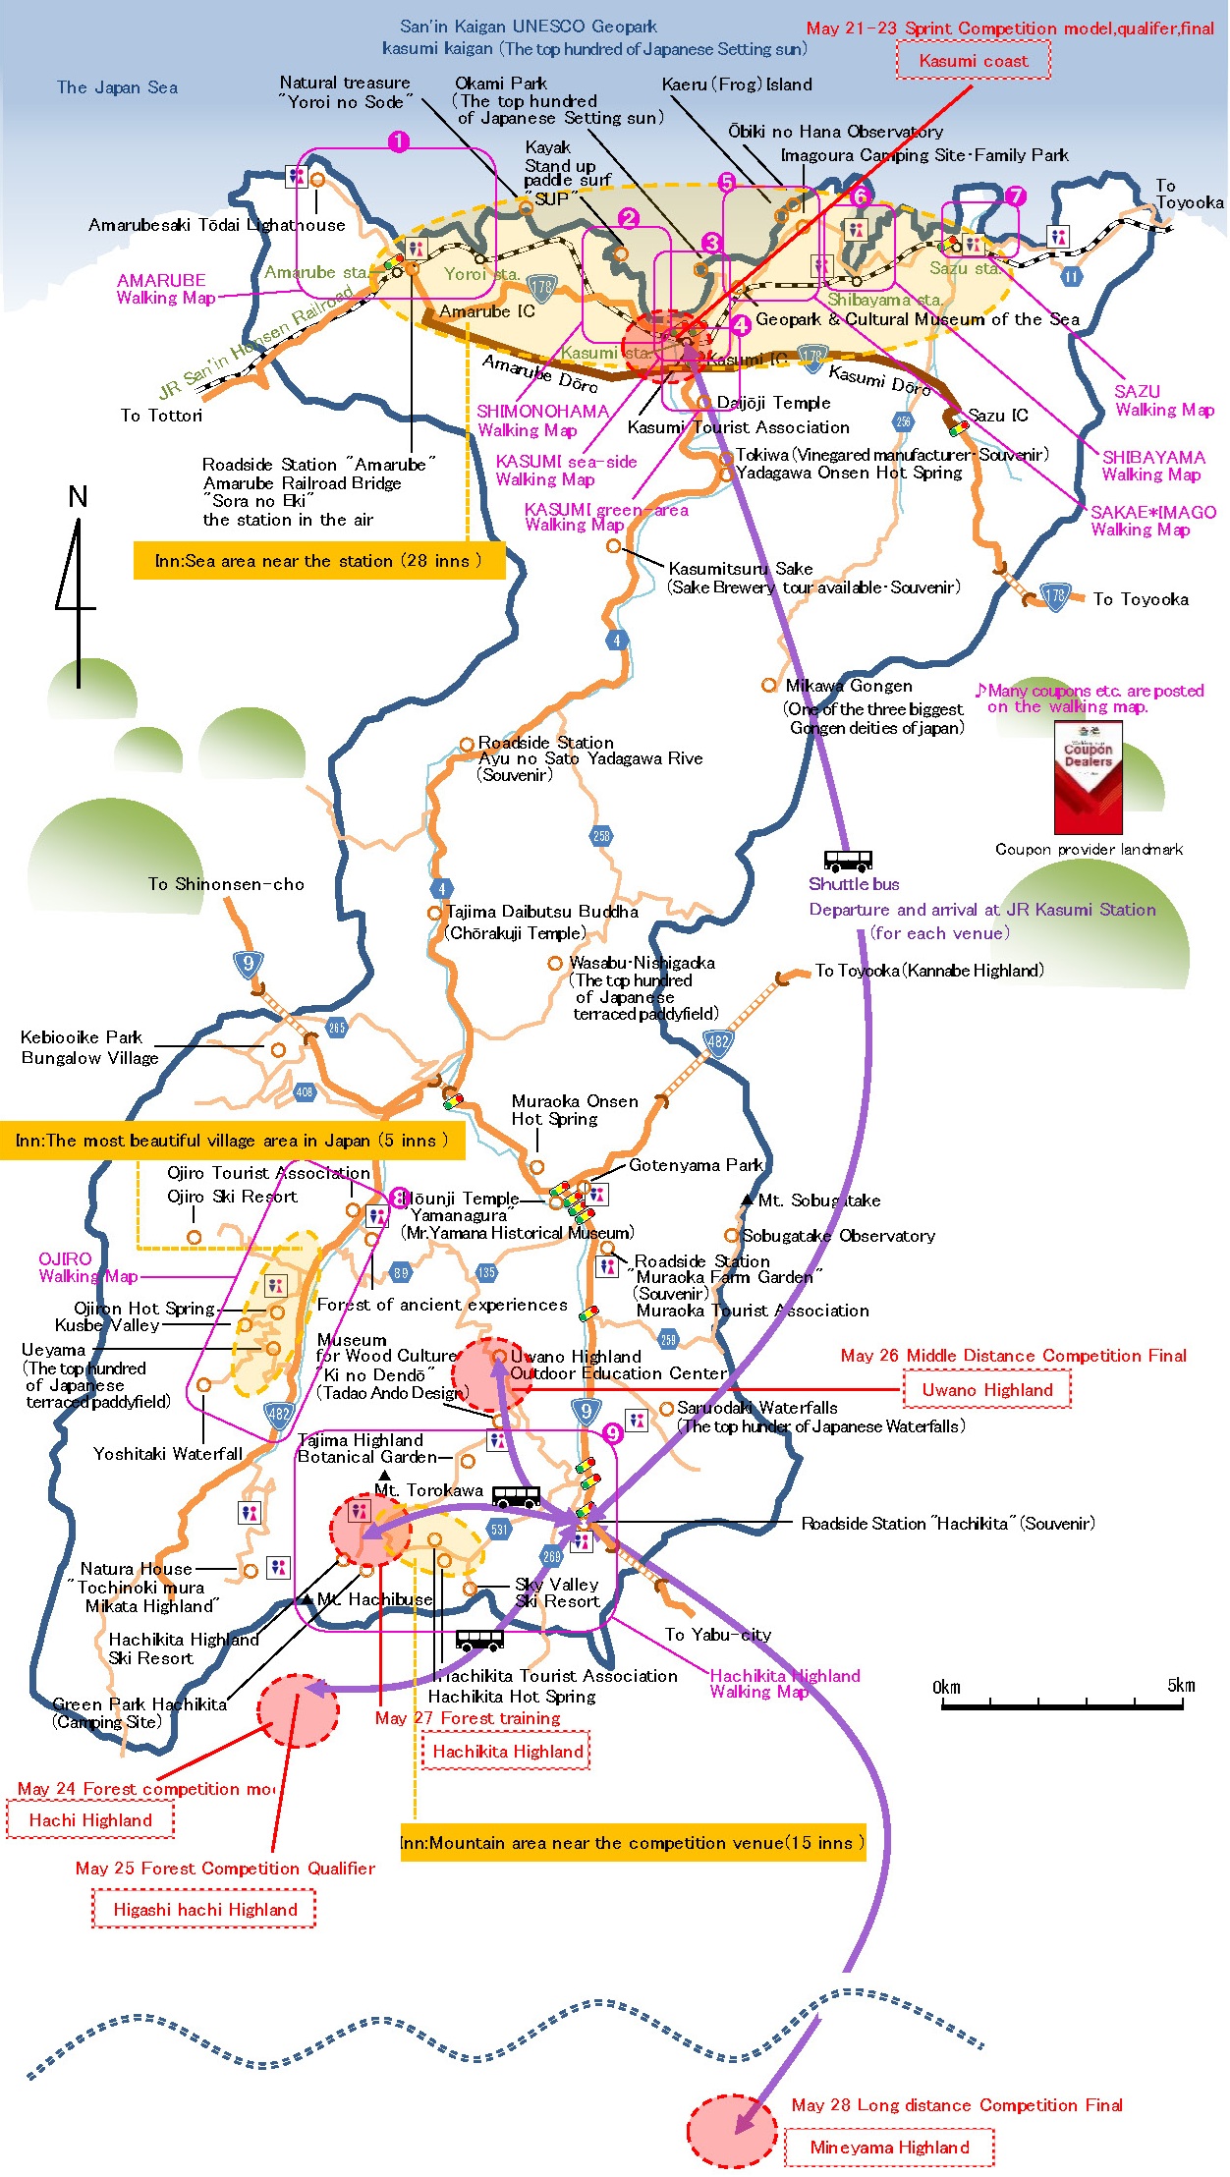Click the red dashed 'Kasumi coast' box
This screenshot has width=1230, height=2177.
tap(973, 61)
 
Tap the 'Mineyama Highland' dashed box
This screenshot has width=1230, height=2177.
tap(889, 2147)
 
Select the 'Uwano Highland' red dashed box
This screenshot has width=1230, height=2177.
tap(986, 1389)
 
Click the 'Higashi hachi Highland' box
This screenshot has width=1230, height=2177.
tap(204, 1909)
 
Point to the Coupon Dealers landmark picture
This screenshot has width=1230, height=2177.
tap(1088, 777)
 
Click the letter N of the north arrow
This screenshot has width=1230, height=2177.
tap(78, 497)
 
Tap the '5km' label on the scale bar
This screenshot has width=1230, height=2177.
tap(1181, 1686)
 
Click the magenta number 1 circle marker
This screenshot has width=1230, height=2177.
tap(398, 142)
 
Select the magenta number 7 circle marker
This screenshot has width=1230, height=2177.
tap(1015, 196)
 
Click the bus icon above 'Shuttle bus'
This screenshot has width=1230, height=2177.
tap(847, 862)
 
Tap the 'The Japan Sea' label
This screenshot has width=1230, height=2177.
tap(117, 87)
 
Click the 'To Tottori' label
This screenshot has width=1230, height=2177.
tap(161, 416)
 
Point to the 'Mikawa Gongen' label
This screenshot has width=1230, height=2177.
tap(849, 686)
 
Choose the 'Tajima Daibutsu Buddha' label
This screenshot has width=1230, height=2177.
tap(542, 912)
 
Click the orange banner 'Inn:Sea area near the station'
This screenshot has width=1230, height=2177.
tap(318, 561)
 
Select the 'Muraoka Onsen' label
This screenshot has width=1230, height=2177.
tap(574, 1101)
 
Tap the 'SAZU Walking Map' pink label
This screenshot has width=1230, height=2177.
tap(1163, 400)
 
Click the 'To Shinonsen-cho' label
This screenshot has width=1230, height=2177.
tap(226, 884)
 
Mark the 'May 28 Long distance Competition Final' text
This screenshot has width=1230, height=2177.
tap(956, 2104)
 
